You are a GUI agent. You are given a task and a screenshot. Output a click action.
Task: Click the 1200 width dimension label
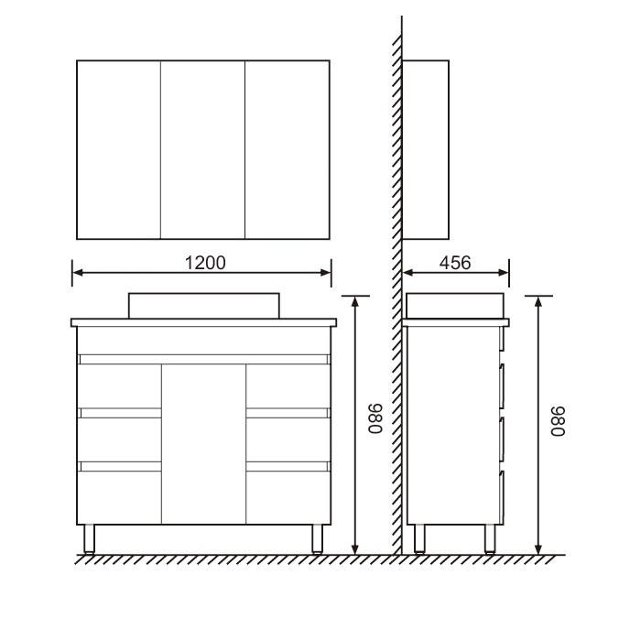coord(205,263)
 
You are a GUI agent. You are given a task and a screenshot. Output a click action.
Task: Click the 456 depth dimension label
coord(455,263)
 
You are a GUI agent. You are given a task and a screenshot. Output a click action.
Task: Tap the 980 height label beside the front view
coord(375,418)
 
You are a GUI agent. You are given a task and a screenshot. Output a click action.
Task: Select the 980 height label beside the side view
coord(558,421)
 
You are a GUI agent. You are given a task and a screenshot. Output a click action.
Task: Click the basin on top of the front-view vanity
coord(204,306)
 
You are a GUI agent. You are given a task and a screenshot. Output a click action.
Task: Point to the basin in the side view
coord(455,306)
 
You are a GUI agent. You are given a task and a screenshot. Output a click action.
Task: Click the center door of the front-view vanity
coord(204,444)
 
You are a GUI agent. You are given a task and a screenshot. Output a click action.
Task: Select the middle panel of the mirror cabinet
coord(202,150)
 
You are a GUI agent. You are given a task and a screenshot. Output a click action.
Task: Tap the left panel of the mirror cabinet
coord(119,150)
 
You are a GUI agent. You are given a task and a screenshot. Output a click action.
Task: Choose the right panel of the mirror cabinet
coord(288,150)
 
